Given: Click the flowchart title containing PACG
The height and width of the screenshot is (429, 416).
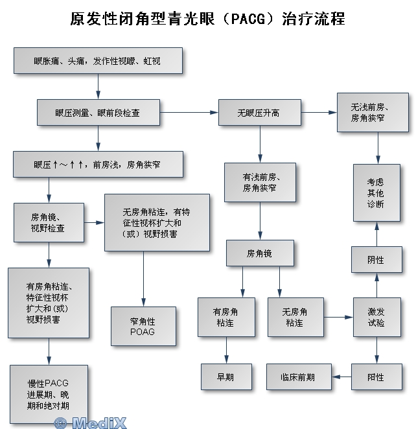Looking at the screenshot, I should point(207,19).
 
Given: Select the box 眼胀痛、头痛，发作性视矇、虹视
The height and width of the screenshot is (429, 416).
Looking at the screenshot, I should point(97,60).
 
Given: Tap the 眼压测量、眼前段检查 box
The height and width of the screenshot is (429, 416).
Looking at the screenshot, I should point(97,112).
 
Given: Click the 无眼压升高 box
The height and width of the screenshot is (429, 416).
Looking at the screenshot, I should point(259,112).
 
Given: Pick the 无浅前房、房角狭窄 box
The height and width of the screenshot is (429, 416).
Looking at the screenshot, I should point(373,112).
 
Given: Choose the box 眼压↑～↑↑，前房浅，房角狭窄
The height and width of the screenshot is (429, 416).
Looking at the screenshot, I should point(97,164).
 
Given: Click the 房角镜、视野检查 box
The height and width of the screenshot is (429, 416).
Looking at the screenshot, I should point(49,222).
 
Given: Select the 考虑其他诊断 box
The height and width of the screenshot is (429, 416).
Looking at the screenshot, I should point(376,192).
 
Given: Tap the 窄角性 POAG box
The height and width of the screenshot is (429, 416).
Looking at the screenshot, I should point(143,326).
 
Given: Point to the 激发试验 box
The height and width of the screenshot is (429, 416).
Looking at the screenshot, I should point(376,317).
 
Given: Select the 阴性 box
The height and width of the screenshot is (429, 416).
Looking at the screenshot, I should point(376,260).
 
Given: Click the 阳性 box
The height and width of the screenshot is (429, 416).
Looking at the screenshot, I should point(376,377).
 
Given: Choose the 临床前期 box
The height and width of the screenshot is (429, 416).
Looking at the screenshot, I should point(298,377).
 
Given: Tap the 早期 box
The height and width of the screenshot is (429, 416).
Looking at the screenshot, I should point(226,377).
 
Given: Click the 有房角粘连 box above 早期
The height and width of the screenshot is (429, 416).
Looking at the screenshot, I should point(226,317).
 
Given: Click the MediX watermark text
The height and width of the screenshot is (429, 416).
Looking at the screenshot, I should point(91,423).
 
